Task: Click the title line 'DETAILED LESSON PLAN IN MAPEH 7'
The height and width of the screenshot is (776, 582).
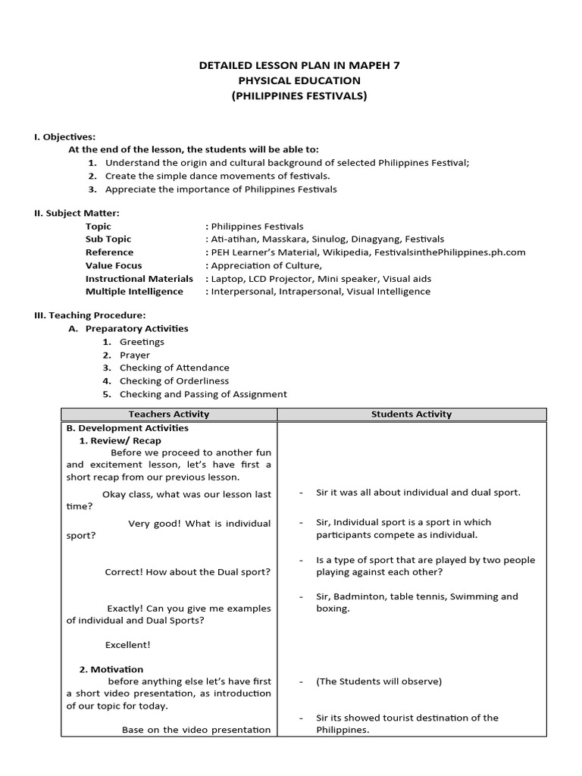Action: [299, 66]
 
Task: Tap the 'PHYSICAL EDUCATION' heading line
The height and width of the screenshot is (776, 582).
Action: [299, 81]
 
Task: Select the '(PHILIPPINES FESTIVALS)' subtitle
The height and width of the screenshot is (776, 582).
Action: [299, 96]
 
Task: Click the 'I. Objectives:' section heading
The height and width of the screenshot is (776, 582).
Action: [64, 137]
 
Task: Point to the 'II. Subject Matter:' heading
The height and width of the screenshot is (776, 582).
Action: [77, 214]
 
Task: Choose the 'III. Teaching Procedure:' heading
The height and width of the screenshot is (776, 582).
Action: [90, 315]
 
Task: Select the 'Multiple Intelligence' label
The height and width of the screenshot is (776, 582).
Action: [134, 291]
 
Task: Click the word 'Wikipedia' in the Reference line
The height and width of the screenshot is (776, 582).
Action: [356, 252]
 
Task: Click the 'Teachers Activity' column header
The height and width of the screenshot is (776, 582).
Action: [169, 415]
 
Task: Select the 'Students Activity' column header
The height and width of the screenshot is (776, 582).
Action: [411, 415]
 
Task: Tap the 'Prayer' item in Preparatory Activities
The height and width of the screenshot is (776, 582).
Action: [135, 355]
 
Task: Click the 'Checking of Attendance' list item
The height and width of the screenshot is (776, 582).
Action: [174, 368]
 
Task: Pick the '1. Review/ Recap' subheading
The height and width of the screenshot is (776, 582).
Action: [120, 441]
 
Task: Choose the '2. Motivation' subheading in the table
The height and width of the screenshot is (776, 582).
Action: [111, 670]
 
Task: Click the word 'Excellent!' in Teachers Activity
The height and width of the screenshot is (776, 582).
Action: [128, 645]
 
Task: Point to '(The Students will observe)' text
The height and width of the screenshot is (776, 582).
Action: [379, 681]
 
